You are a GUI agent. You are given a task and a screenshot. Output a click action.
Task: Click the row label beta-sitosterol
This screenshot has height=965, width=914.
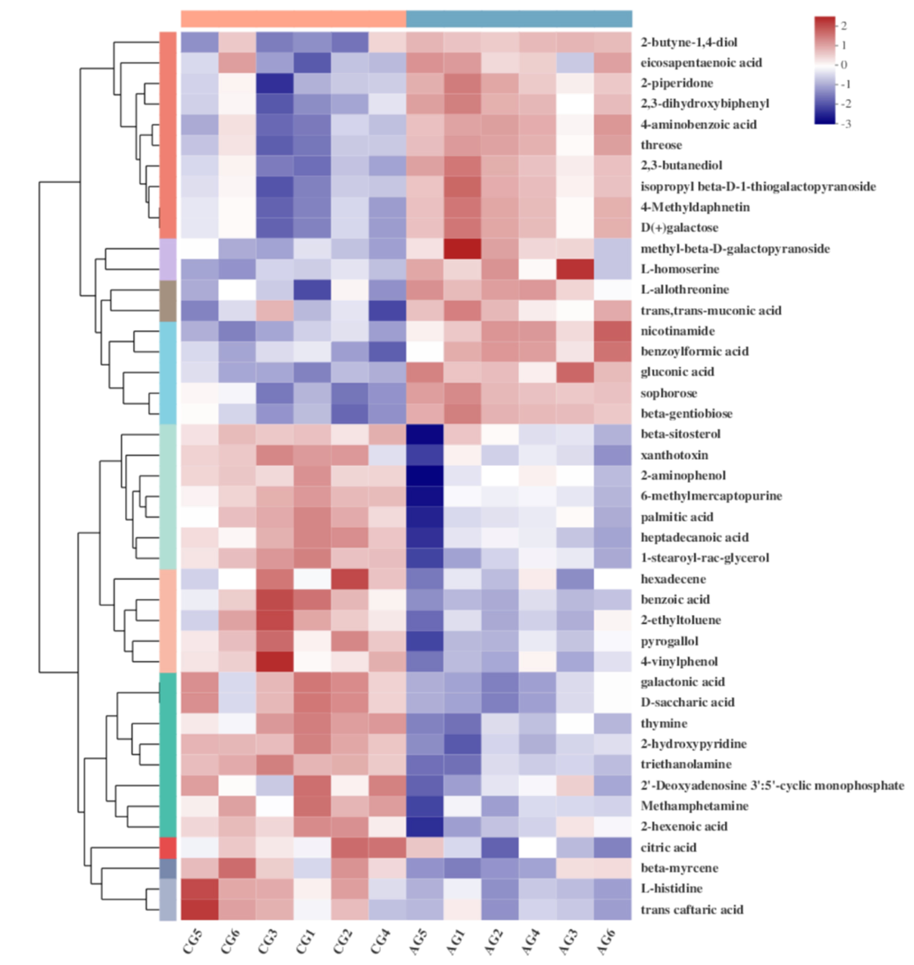(680, 434)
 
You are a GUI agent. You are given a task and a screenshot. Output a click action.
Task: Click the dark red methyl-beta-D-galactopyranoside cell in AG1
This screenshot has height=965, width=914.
(462, 249)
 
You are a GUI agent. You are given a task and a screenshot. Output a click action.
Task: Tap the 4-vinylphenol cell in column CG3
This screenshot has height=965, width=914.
(274, 661)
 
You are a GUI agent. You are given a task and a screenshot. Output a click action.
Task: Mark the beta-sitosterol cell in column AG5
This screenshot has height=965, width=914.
(424, 434)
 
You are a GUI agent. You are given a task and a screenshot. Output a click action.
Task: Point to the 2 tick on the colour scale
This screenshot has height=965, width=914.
(843, 25)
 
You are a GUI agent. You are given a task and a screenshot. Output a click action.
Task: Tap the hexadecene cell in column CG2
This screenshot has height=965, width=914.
(349, 579)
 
